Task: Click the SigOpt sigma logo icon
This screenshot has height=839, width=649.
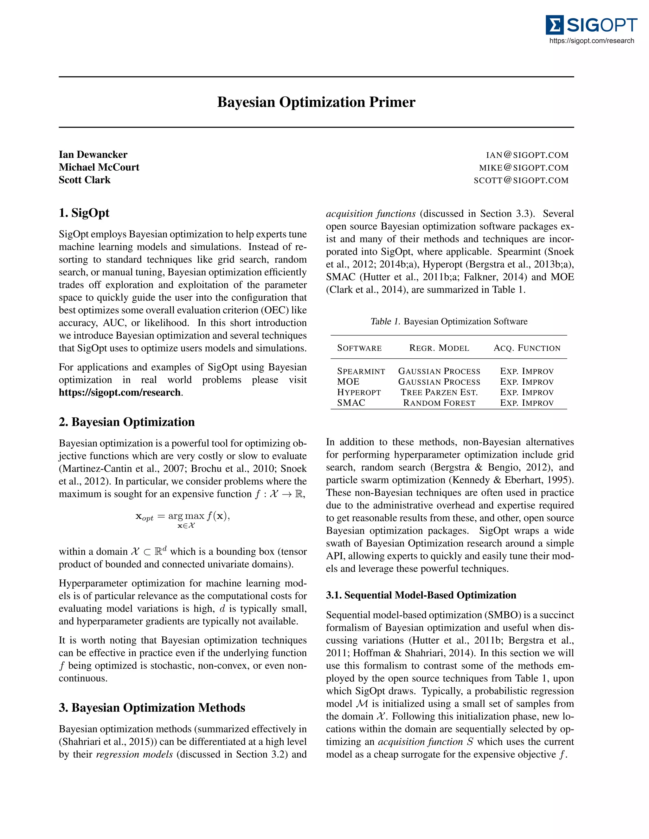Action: click(x=554, y=25)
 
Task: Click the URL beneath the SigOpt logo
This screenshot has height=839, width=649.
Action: click(x=591, y=41)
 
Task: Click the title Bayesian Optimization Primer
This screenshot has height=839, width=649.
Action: click(x=316, y=102)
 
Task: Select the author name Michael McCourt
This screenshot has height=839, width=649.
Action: click(x=99, y=167)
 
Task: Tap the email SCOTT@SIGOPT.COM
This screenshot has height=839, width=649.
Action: click(x=521, y=180)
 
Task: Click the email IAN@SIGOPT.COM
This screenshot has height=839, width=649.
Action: click(x=527, y=155)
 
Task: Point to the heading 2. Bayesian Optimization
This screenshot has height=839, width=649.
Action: click(x=126, y=422)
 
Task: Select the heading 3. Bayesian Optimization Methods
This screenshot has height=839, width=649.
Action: click(x=152, y=708)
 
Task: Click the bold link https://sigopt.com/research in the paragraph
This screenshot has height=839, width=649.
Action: click(x=119, y=393)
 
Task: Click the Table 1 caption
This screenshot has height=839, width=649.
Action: click(x=449, y=322)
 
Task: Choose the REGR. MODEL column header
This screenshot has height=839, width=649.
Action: click(x=439, y=348)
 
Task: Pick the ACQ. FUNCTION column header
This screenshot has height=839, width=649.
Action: click(x=527, y=348)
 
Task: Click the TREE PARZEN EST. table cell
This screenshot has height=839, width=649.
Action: click(x=439, y=392)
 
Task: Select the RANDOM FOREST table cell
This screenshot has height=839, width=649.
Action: click(x=439, y=403)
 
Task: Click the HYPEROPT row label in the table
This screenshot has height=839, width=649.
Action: click(x=359, y=392)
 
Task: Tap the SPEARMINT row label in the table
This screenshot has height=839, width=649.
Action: click(x=361, y=371)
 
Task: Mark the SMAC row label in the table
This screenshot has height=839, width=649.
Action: click(x=351, y=403)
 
